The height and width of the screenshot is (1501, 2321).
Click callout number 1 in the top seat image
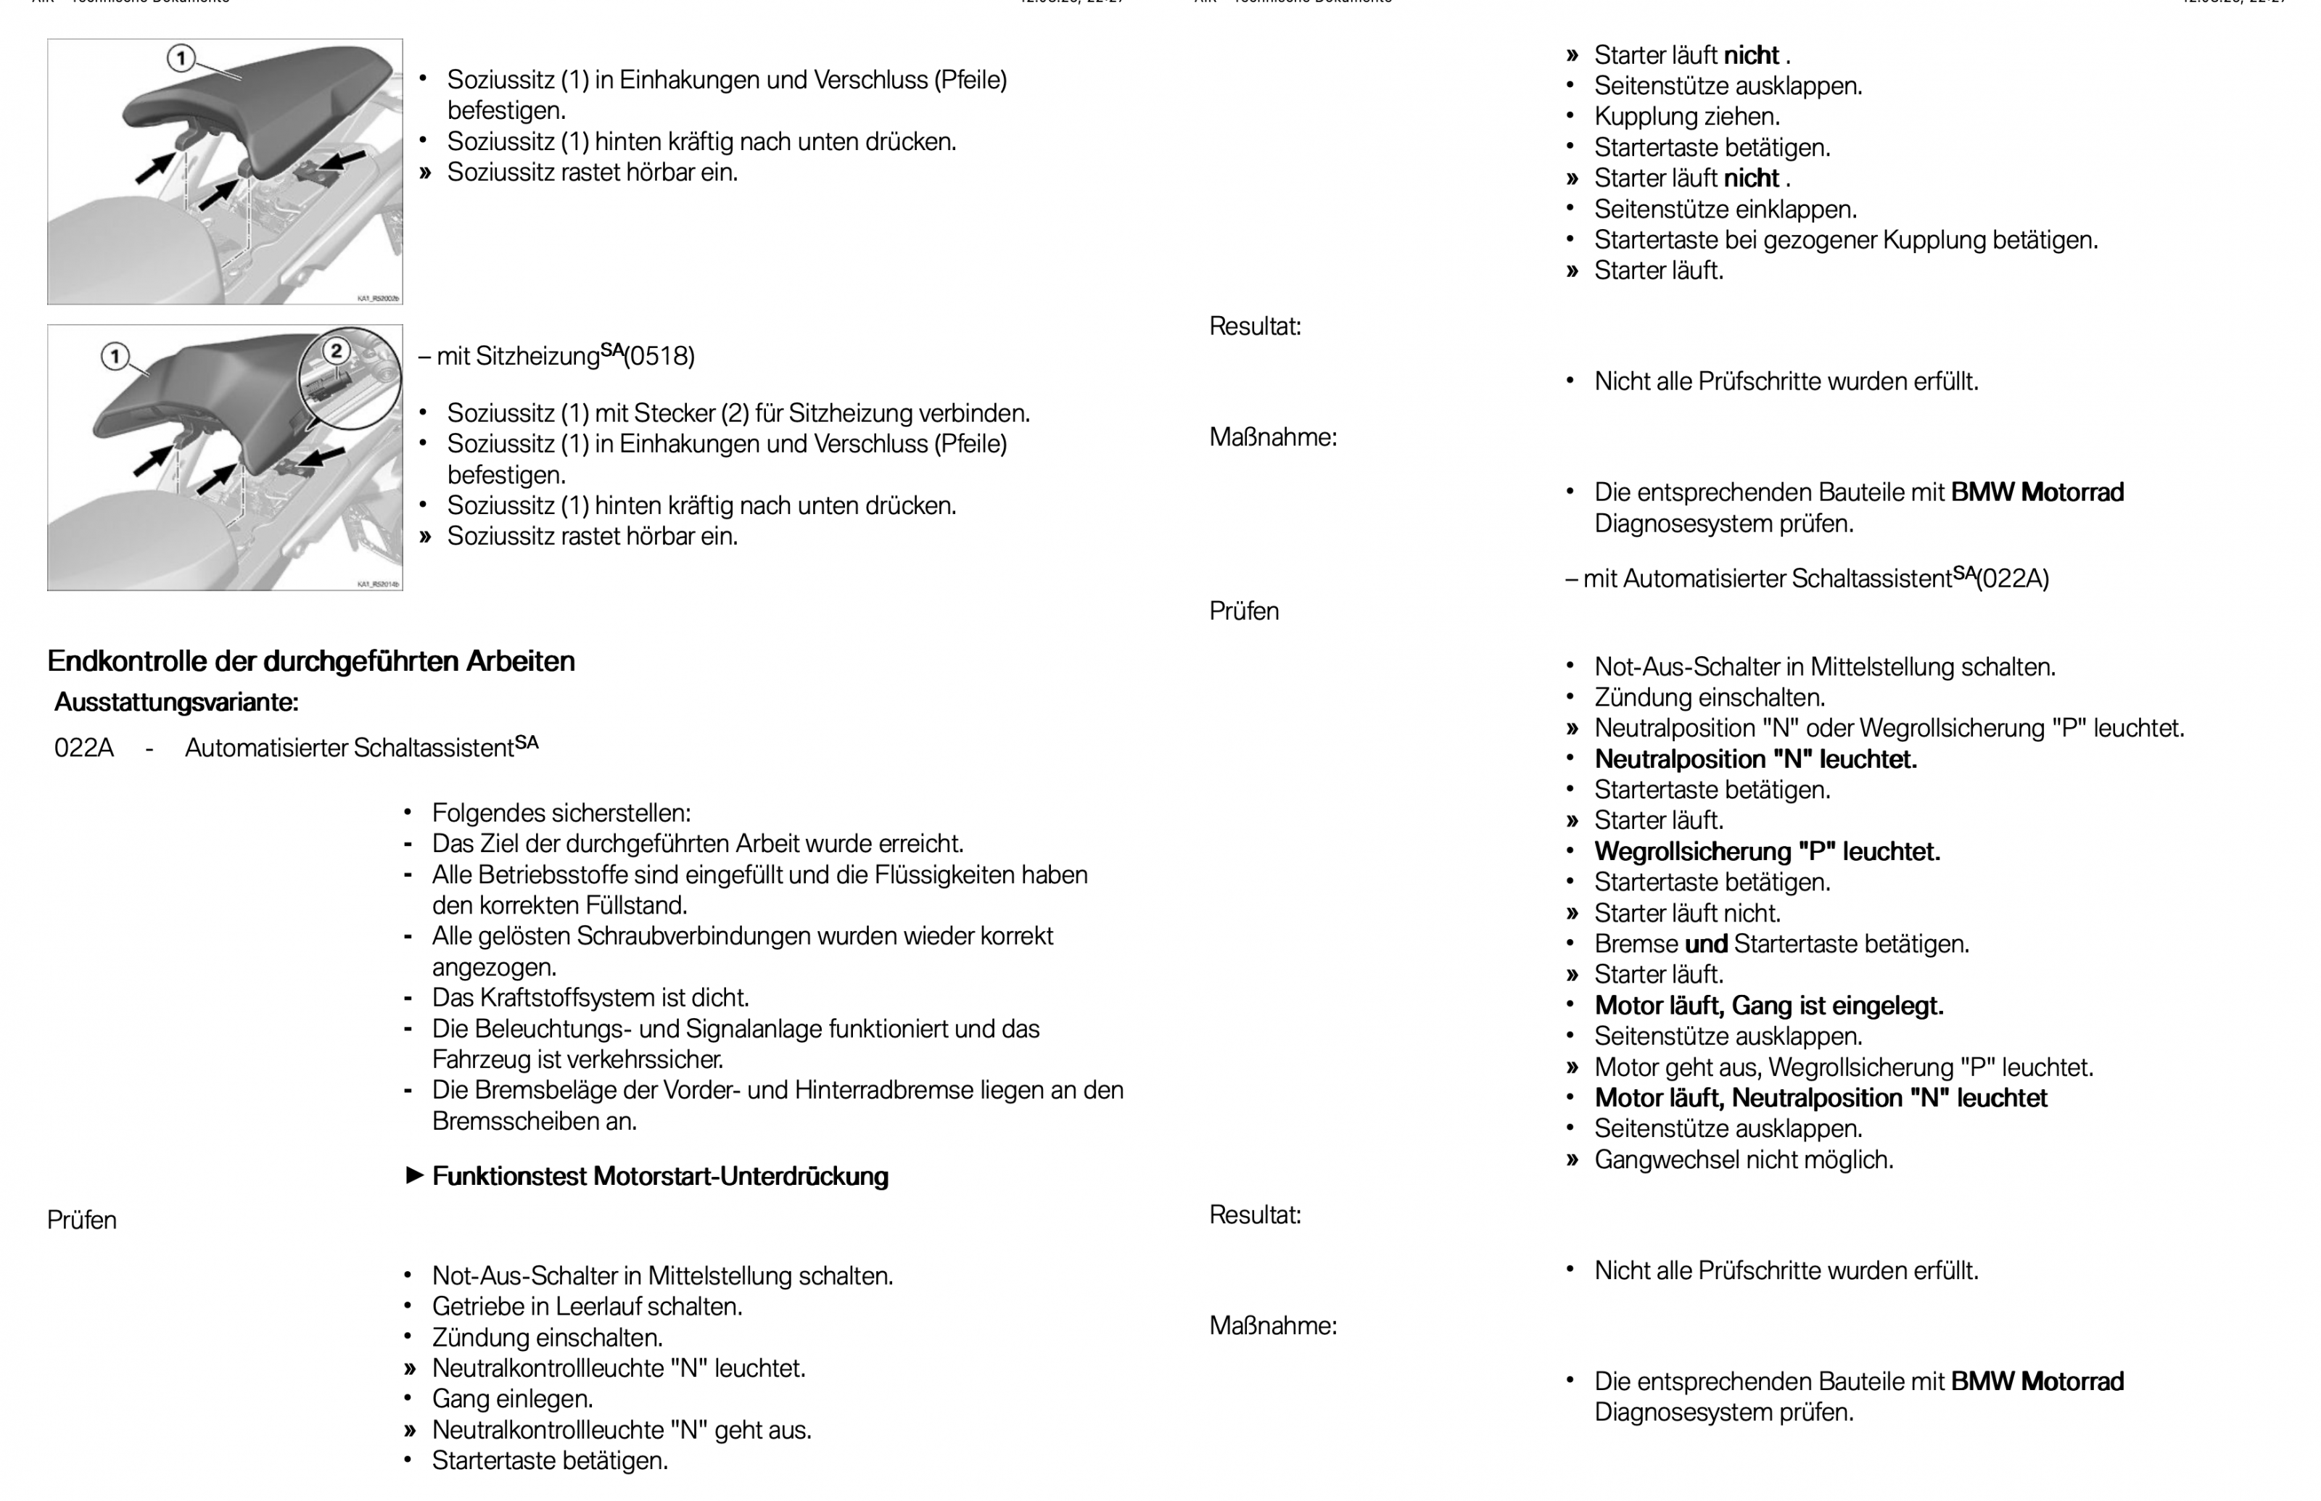[181, 59]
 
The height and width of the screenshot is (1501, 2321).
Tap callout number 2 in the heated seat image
[335, 351]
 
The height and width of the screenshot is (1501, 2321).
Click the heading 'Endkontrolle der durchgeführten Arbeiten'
[311, 661]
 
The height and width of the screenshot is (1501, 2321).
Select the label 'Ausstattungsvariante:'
[176, 702]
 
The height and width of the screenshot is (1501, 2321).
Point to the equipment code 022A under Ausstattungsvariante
[84, 748]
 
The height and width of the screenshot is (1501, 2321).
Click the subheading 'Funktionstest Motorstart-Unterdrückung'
[660, 1176]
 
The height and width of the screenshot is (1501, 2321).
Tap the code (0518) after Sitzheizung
[659, 357]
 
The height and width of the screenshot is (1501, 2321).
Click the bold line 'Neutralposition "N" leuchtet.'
[1755, 759]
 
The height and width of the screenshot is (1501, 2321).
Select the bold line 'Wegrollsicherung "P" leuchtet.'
[1766, 852]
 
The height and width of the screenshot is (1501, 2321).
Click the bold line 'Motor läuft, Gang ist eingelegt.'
[1768, 1006]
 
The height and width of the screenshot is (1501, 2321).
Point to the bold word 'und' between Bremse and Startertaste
[1705, 944]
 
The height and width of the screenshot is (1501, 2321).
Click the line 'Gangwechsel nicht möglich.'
[1743, 1160]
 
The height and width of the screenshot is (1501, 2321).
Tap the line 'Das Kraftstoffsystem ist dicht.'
[590, 998]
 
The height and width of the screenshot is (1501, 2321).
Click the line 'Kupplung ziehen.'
[1686, 117]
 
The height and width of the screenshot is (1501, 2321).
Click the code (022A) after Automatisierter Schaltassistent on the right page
[2012, 579]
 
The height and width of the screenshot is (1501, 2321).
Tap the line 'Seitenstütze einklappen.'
[1724, 210]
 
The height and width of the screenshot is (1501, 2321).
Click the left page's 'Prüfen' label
[82, 1220]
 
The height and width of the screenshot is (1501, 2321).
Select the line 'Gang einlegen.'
[512, 1399]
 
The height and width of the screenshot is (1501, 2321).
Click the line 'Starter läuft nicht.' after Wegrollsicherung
[1686, 913]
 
